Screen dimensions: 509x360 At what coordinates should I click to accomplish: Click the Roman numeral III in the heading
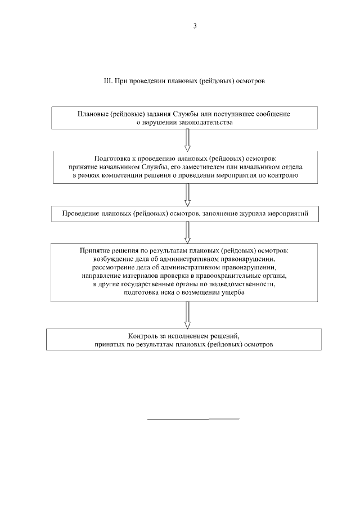108,81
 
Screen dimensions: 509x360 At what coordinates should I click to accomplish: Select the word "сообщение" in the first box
273,114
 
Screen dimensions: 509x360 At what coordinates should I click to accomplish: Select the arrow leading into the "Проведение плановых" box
187,196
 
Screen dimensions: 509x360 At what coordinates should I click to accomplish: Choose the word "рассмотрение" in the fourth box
106,268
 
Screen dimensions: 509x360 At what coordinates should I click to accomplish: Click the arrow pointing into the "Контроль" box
187,316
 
